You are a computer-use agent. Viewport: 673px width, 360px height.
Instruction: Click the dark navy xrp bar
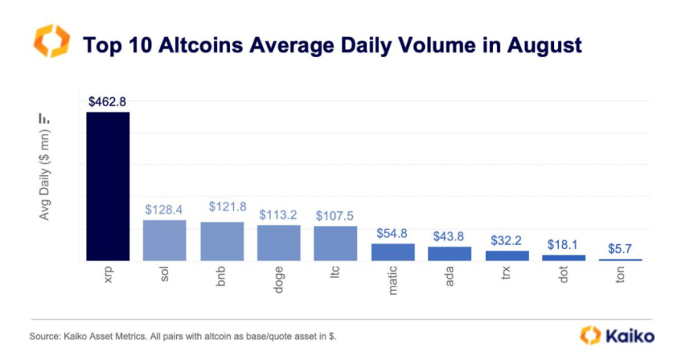107,186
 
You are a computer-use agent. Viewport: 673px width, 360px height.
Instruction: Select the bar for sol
164,240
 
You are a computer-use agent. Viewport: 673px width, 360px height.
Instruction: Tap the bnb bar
222,241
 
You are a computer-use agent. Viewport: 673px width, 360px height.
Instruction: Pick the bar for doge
279,243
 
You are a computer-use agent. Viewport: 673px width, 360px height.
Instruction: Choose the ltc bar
336,243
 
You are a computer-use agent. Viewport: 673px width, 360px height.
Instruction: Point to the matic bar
393,252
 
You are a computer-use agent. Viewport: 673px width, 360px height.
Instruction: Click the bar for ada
450,254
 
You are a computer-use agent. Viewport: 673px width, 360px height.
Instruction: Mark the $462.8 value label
107,102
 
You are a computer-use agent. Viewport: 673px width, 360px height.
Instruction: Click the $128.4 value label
164,210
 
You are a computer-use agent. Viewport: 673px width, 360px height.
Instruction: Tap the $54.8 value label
393,233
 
